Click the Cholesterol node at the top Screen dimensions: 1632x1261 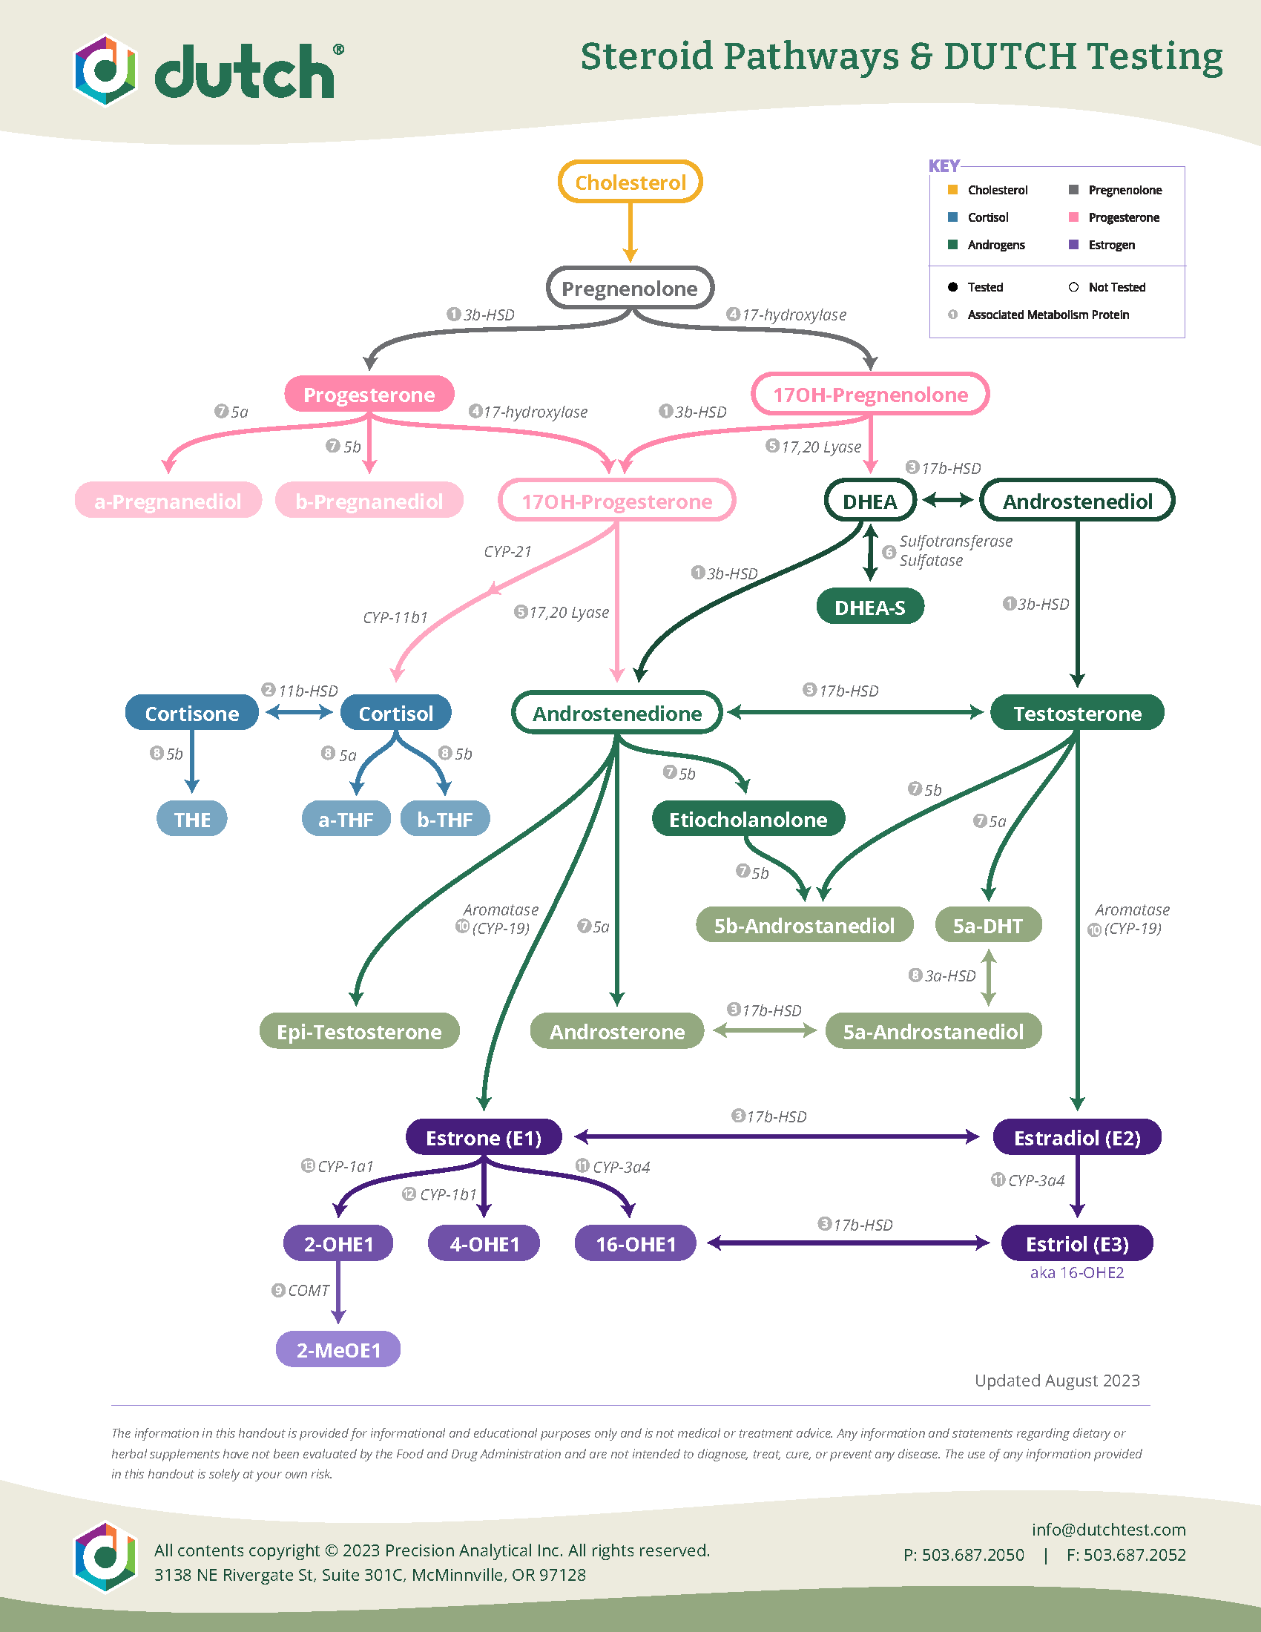(630, 182)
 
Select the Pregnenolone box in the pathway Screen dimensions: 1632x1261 (630, 288)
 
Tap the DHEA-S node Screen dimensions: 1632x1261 (869, 607)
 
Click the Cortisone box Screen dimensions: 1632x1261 (192, 713)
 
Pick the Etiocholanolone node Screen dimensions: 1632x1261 (748, 819)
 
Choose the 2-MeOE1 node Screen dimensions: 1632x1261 (338, 1349)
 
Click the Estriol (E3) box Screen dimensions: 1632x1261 (1076, 1243)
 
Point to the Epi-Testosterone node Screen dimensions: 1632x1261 (359, 1031)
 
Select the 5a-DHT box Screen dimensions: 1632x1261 (987, 925)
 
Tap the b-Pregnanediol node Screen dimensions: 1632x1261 (369, 501)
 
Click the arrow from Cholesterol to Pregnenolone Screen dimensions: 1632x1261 (630, 231)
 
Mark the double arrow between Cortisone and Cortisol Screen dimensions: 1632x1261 (299, 712)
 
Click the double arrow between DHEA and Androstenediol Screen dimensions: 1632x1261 (947, 499)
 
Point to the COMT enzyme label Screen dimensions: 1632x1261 (308, 1291)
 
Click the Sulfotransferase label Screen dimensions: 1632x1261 (955, 541)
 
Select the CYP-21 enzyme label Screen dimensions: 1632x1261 (507, 551)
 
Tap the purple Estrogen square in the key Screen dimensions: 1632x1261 (1073, 244)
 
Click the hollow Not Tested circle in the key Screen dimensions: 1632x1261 (1073, 287)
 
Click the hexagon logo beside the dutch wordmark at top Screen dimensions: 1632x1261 (105, 71)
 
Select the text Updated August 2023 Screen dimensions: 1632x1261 (1056, 1381)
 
